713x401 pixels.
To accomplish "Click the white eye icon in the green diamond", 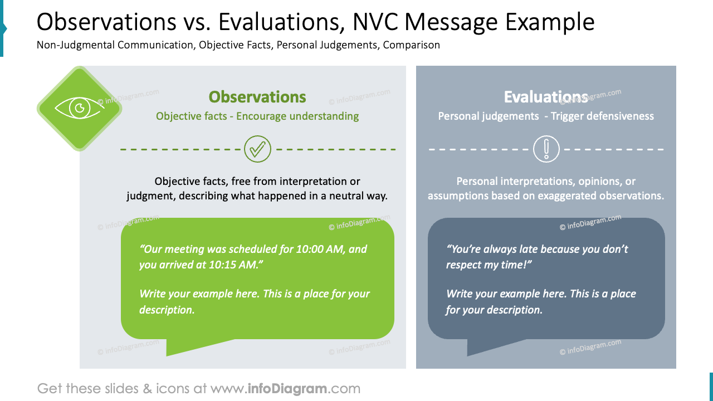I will pyautogui.click(x=79, y=108).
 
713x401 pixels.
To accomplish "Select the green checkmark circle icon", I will pyautogui.click(x=257, y=149).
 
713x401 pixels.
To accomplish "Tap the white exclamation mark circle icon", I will pyautogui.click(x=546, y=149).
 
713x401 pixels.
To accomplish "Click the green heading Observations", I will pyautogui.click(x=257, y=97).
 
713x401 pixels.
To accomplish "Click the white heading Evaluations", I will pyautogui.click(x=546, y=97).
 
